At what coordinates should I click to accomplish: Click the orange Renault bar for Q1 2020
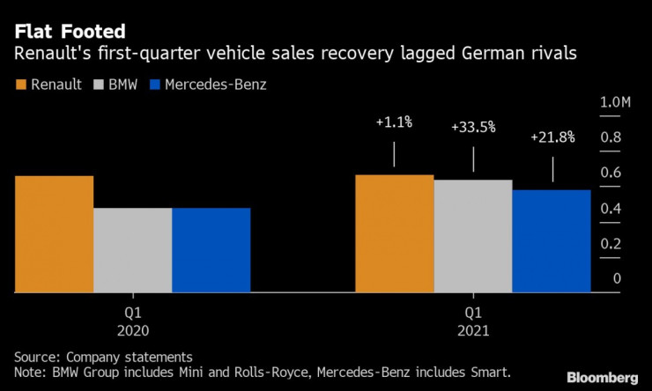pos(54,233)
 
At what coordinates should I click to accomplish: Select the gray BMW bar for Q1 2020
pos(132,249)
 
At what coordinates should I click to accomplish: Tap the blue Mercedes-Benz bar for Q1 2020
pos(211,249)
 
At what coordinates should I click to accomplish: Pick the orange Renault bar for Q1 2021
pos(394,232)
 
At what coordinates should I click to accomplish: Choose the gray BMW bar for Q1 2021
pos(472,235)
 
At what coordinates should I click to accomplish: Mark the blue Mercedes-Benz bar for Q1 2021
pos(551,240)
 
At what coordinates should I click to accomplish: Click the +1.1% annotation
pos(393,124)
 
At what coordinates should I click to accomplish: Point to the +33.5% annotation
pos(473,128)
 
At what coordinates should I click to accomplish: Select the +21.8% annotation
pos(553,137)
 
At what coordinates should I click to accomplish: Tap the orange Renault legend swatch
pos(21,85)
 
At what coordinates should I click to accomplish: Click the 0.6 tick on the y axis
pos(611,173)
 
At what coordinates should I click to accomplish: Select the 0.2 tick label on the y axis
pos(611,244)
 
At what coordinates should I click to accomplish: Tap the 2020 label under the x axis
pos(132,332)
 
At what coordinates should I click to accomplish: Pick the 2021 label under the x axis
pos(472,332)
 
